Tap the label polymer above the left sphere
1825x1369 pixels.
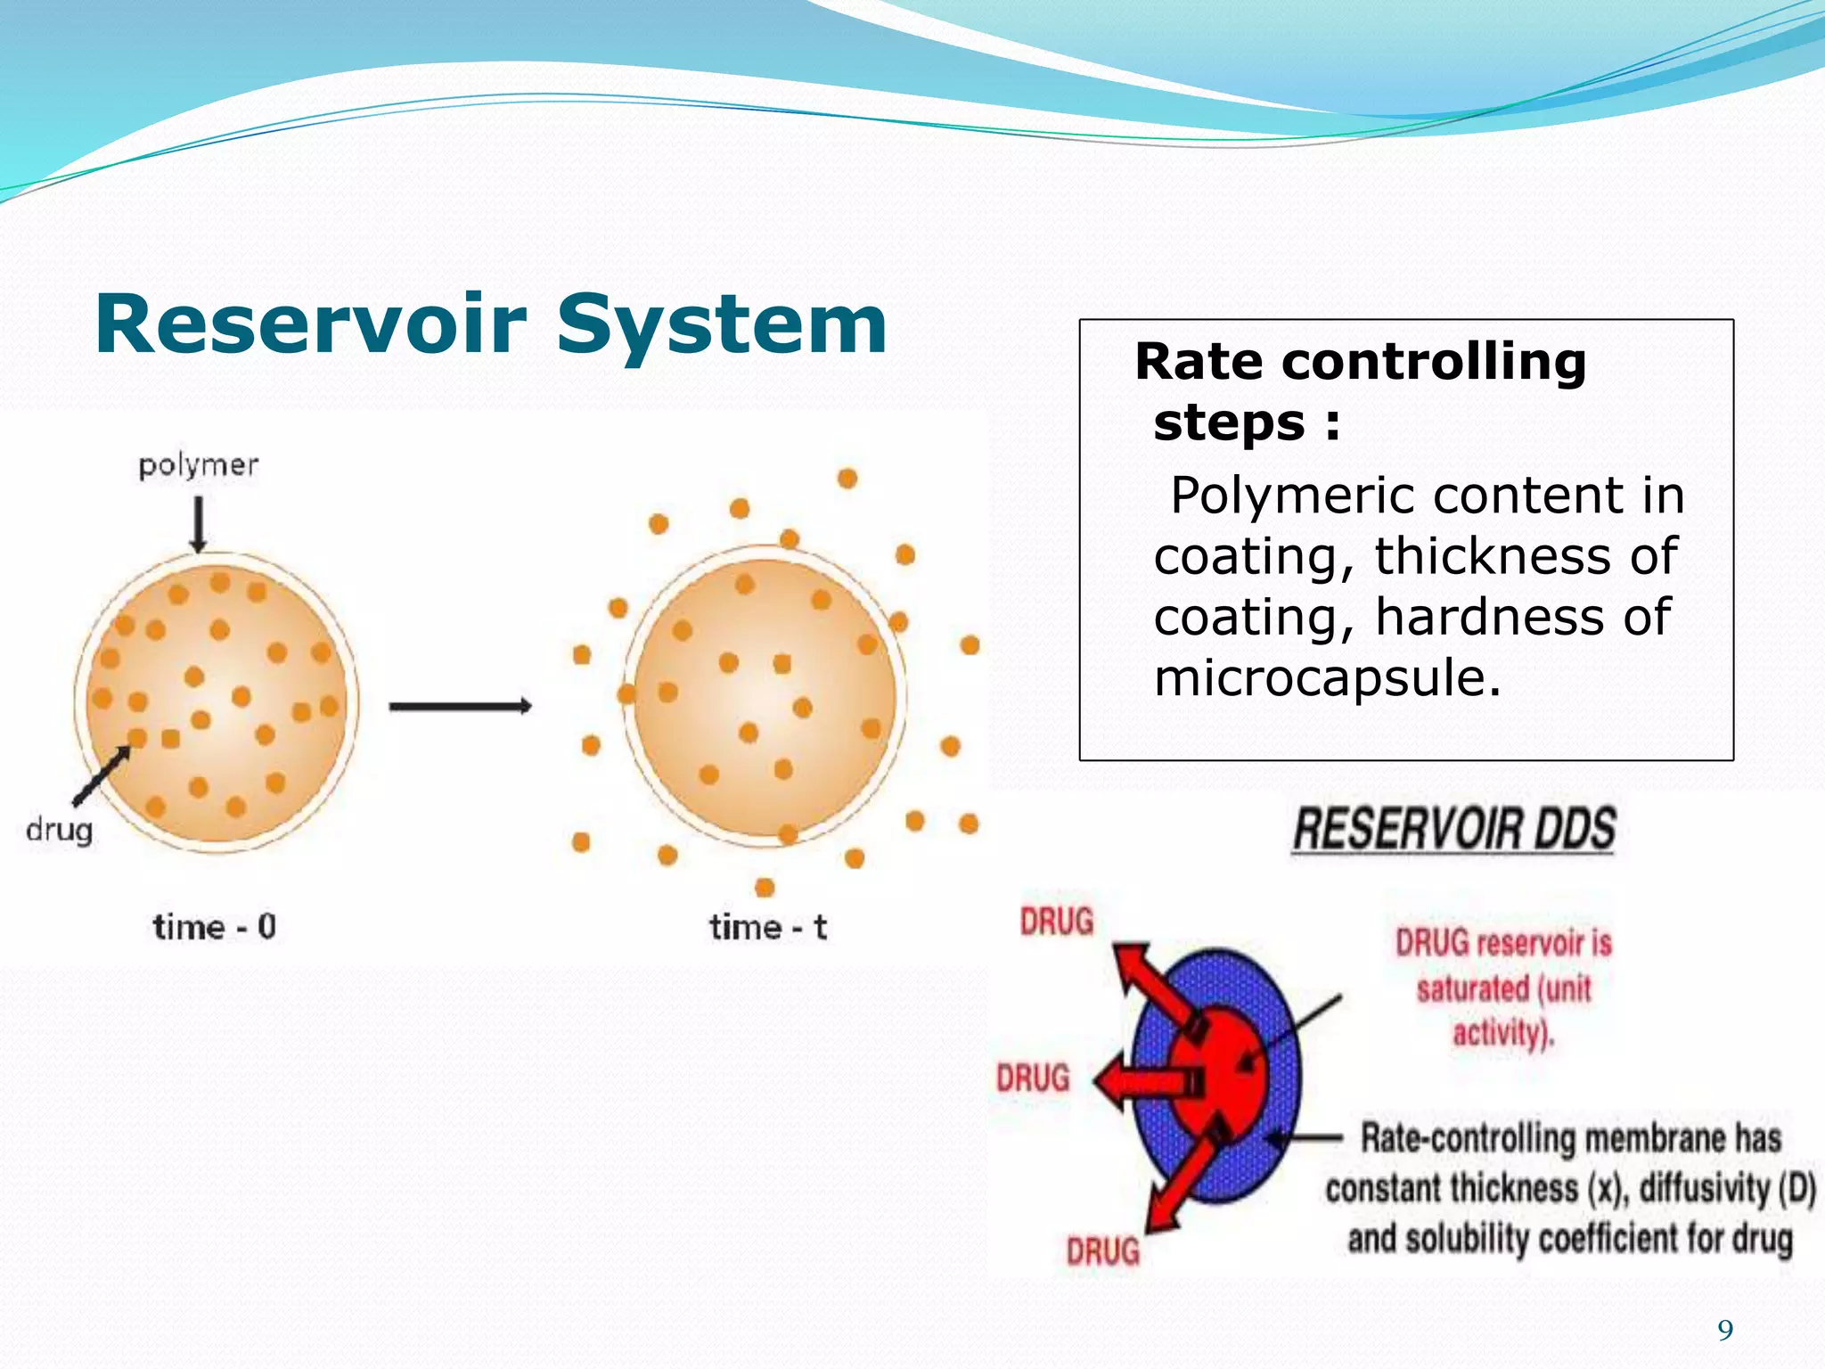pyautogui.click(x=198, y=465)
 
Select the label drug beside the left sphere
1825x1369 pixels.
pyautogui.click(x=59, y=830)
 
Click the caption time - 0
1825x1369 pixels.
pyautogui.click(x=214, y=927)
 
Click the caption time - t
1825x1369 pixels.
pyautogui.click(x=767, y=927)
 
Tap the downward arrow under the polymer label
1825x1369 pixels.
pyautogui.click(x=199, y=523)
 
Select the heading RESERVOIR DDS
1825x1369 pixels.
pyautogui.click(x=1453, y=829)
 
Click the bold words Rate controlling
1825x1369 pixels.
pyautogui.click(x=1360, y=362)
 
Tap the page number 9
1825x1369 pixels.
pyautogui.click(x=1725, y=1331)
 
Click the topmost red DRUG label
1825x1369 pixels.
pyautogui.click(x=1057, y=922)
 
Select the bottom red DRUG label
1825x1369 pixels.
pyautogui.click(x=1103, y=1251)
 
